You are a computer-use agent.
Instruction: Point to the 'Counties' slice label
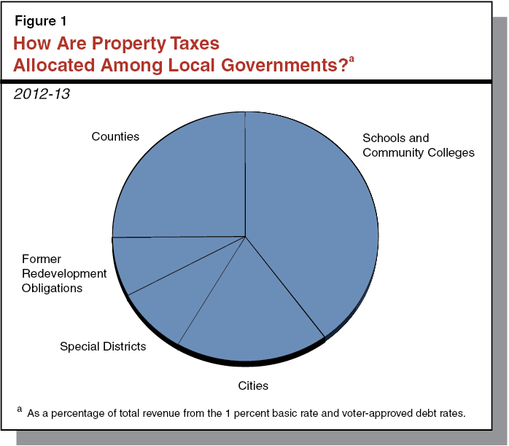coord(115,136)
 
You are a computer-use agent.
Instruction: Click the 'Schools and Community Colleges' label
coord(418,145)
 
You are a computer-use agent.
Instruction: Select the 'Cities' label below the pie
coord(252,385)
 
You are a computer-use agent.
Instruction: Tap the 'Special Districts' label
coord(103,346)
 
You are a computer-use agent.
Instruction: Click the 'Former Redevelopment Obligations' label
coord(63,273)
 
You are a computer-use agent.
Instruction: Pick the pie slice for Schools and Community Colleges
coord(314,219)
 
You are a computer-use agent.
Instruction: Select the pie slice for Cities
coord(248,306)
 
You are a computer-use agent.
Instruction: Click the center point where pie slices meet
coord(245,235)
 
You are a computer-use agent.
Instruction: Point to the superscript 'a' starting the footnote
coord(19,410)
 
